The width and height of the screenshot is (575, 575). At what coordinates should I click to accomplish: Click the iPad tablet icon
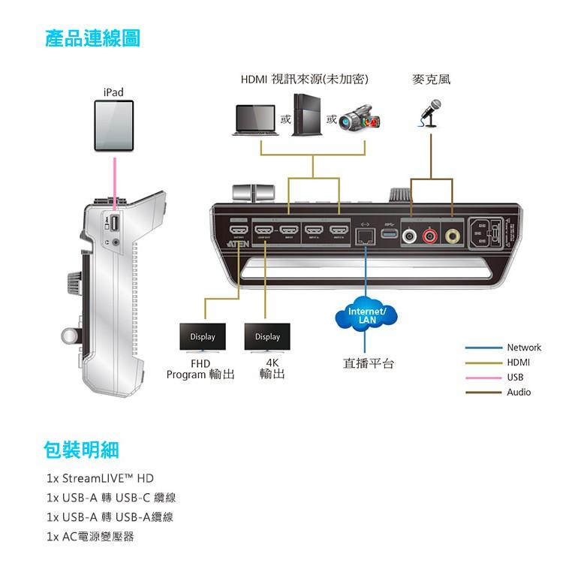pos(113,126)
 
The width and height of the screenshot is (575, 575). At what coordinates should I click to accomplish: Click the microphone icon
pos(430,113)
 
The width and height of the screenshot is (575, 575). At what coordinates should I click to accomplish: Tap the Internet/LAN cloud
pos(367,315)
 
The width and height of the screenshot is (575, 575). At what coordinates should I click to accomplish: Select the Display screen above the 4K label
pos(267,337)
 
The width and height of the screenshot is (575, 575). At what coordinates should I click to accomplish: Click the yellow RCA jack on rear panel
pos(452,236)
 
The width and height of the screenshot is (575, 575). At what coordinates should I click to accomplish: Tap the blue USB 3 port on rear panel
pos(390,234)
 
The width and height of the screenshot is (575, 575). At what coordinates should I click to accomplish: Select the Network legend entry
pos(523,348)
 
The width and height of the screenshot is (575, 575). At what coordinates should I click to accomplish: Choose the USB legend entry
pos(515,378)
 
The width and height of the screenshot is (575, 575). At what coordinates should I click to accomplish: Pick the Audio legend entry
pos(518,392)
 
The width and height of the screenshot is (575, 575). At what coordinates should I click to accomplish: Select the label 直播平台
pos(369,363)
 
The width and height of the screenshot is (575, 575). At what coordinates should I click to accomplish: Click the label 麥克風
pos(432,79)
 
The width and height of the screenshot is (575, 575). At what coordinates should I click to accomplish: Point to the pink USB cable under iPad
pos(113,180)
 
